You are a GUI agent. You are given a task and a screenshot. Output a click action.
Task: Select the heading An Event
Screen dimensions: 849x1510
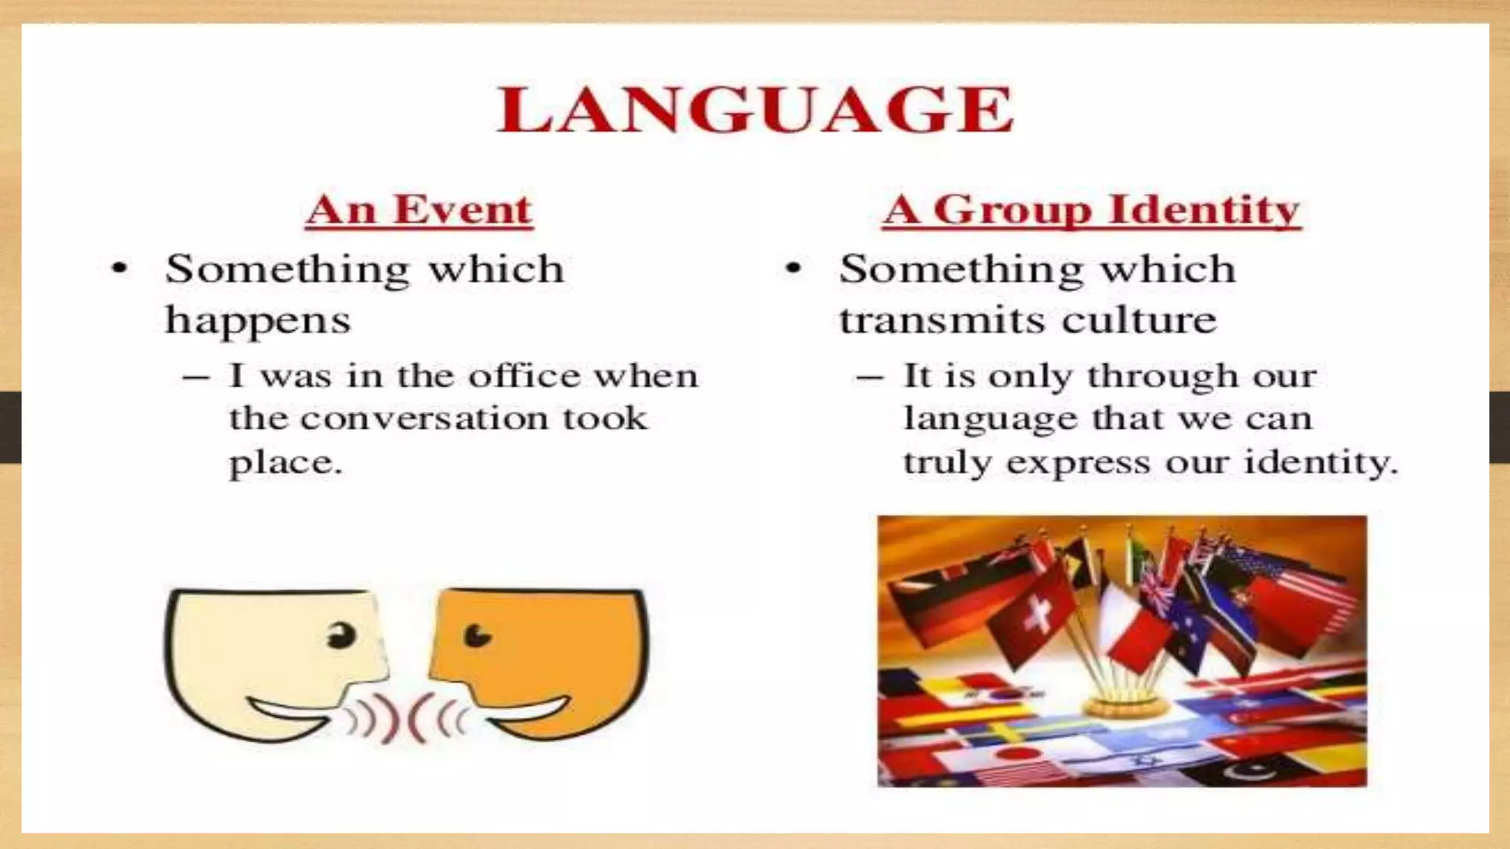pyautogui.click(x=419, y=210)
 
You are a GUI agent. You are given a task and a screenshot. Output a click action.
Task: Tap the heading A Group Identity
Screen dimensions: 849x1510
pyautogui.click(x=1091, y=210)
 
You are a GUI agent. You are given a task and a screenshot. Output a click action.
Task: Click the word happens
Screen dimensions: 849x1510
pyautogui.click(x=257, y=321)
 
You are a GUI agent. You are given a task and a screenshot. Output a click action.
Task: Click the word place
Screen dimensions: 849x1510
pyautogui.click(x=285, y=463)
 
